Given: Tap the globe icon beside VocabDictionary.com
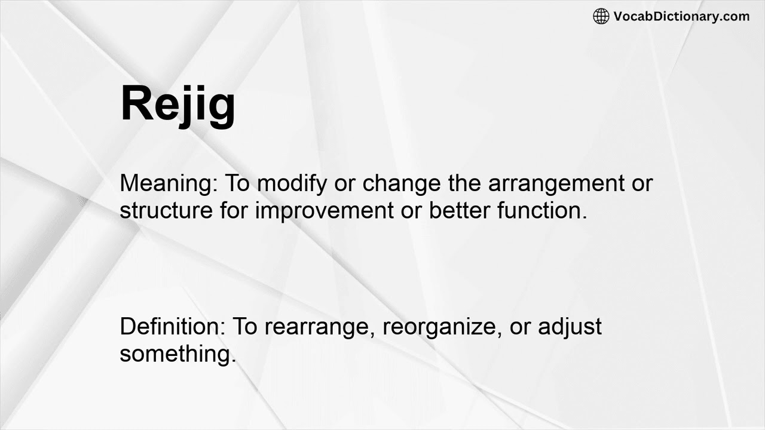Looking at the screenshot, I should coord(601,16).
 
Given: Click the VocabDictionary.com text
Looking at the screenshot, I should coord(681,16).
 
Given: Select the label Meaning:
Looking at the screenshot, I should coord(169,183).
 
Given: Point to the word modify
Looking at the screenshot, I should coord(292,183).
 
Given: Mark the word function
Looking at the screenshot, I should coord(541,210).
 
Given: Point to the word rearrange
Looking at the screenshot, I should coord(319,327).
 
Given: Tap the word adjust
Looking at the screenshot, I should coord(570,327).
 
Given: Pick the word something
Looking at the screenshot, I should coord(178,354).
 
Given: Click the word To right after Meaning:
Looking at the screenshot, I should coord(237,183).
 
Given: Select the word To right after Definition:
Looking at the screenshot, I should coord(245,327).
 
